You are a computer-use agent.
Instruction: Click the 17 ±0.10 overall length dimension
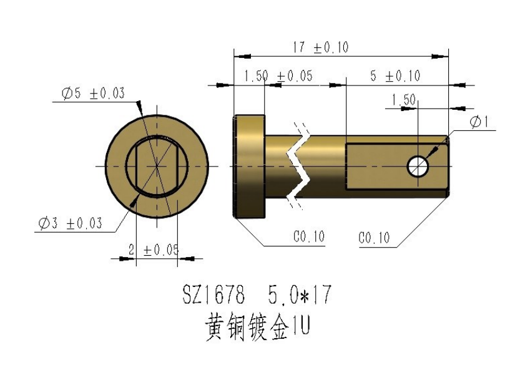[321, 47]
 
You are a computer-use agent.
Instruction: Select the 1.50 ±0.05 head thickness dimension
[278, 77]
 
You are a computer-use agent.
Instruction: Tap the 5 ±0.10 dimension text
[395, 77]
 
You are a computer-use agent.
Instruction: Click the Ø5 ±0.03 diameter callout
[92, 94]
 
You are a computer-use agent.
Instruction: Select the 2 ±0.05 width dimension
[153, 250]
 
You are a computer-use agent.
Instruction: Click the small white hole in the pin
[418, 166]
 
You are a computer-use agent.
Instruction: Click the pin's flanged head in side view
[250, 166]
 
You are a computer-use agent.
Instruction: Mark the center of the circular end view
[156, 167]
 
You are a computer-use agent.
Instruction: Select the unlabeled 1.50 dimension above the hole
[403, 99]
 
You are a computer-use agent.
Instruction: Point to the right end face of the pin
[449, 166]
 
